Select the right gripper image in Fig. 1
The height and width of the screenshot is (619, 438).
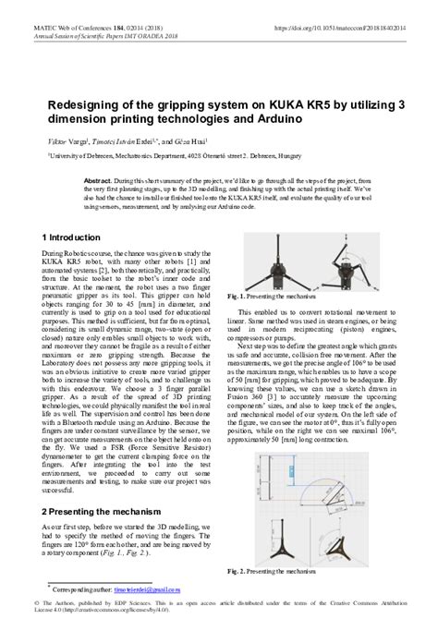pyautogui.click(x=349, y=273)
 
